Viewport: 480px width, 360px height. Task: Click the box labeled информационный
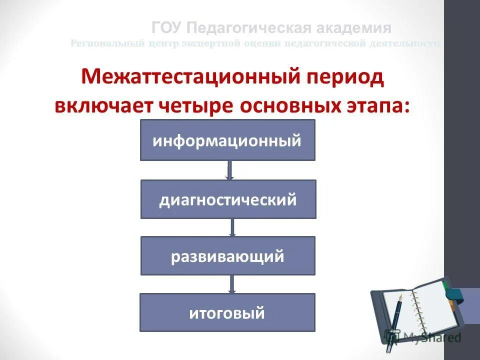click(227, 140)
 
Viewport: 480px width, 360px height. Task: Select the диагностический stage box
click(228, 199)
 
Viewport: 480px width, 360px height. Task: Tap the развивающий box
click(228, 256)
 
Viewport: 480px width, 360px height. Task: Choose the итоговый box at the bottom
click(227, 312)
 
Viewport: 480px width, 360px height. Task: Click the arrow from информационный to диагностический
click(230, 170)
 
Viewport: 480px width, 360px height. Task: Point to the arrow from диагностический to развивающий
click(232, 227)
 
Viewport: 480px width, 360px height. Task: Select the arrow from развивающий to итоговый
click(231, 284)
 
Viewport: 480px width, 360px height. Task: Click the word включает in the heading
click(106, 105)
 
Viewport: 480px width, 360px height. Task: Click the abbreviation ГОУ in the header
click(168, 27)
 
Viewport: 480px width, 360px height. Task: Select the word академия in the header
click(353, 27)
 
